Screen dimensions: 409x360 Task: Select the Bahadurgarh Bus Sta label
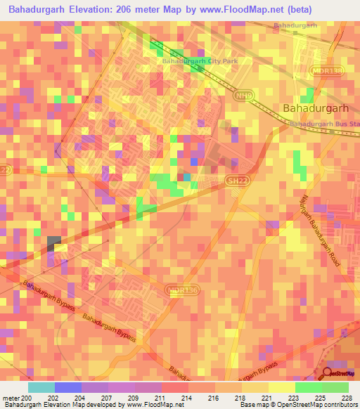324,124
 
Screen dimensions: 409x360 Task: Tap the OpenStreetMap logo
341,373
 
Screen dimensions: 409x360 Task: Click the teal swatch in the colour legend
41,387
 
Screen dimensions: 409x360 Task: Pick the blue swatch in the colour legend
67,387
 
